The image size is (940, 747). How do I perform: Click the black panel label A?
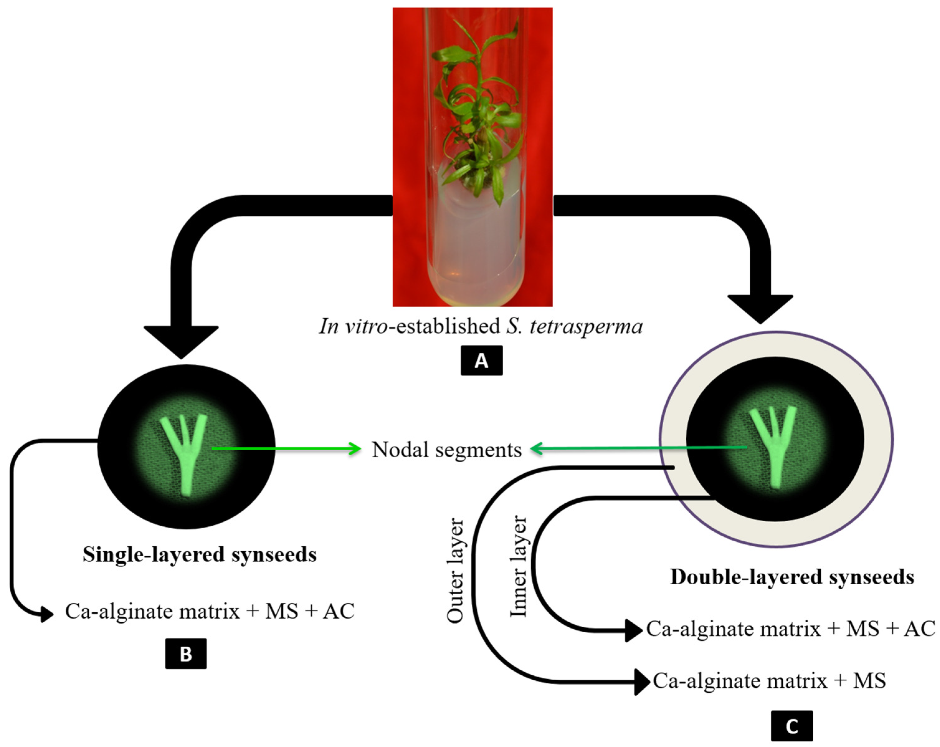click(481, 360)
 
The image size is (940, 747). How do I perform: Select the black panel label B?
click(186, 654)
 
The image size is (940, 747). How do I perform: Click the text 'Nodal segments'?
click(446, 449)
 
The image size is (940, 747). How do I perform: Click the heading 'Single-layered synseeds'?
click(200, 555)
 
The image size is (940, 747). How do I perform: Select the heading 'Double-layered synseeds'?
click(792, 577)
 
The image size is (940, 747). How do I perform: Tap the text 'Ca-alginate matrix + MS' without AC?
click(769, 681)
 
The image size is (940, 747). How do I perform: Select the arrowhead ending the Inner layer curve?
click(633, 630)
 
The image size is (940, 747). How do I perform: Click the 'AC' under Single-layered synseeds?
click(338, 611)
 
